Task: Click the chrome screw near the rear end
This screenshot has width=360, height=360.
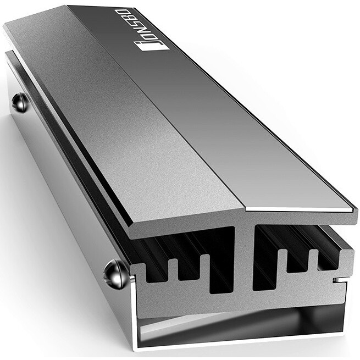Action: pos(20,102)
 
